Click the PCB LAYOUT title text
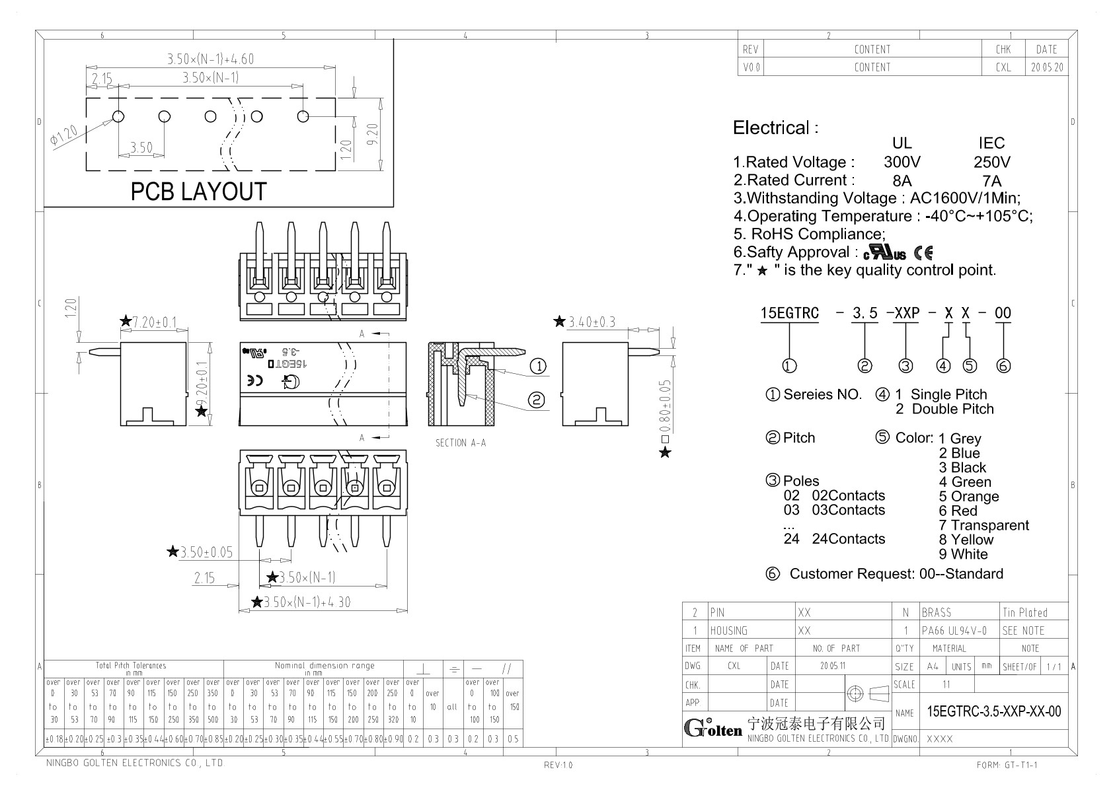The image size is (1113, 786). [x=198, y=192]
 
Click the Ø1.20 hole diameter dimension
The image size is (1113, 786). [x=63, y=135]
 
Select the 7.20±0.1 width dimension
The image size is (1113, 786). [x=155, y=322]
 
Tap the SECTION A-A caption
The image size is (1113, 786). [x=461, y=443]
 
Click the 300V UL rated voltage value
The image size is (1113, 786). [x=902, y=162]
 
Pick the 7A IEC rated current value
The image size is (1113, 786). [x=991, y=181]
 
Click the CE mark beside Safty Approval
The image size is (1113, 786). [x=923, y=252]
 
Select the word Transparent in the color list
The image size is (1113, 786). [x=989, y=526]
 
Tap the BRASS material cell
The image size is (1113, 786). [x=937, y=612]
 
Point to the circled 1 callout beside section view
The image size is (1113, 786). [x=539, y=366]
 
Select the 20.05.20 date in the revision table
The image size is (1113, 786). [x=1047, y=67]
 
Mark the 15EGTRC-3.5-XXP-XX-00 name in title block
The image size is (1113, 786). [x=994, y=711]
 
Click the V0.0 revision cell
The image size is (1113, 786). [x=751, y=67]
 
